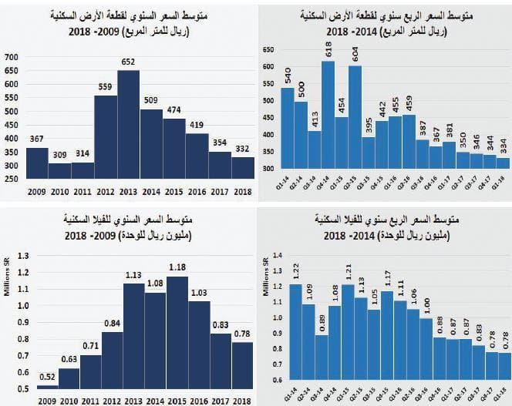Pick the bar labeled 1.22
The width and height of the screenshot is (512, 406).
(x=296, y=331)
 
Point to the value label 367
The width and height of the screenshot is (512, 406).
(x=37, y=139)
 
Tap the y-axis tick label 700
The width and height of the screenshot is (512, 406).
(x=12, y=58)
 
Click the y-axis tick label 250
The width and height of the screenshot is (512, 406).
(x=12, y=179)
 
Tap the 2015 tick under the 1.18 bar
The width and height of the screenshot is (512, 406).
(x=177, y=399)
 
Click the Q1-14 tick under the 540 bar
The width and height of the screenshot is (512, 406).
(x=286, y=178)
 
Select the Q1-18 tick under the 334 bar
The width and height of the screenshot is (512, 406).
(x=503, y=178)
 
